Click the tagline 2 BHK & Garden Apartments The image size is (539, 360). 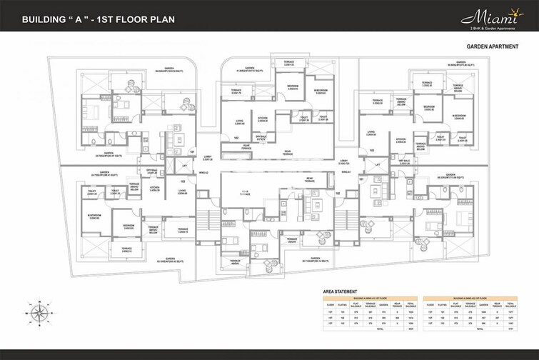tap(488, 27)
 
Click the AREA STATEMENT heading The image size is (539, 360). tap(340, 292)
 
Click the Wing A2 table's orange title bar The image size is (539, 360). tap(471, 298)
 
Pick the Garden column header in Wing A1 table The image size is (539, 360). tap(384, 306)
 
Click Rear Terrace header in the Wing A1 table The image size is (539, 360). tap(397, 306)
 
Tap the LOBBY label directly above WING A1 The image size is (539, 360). tap(344, 161)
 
